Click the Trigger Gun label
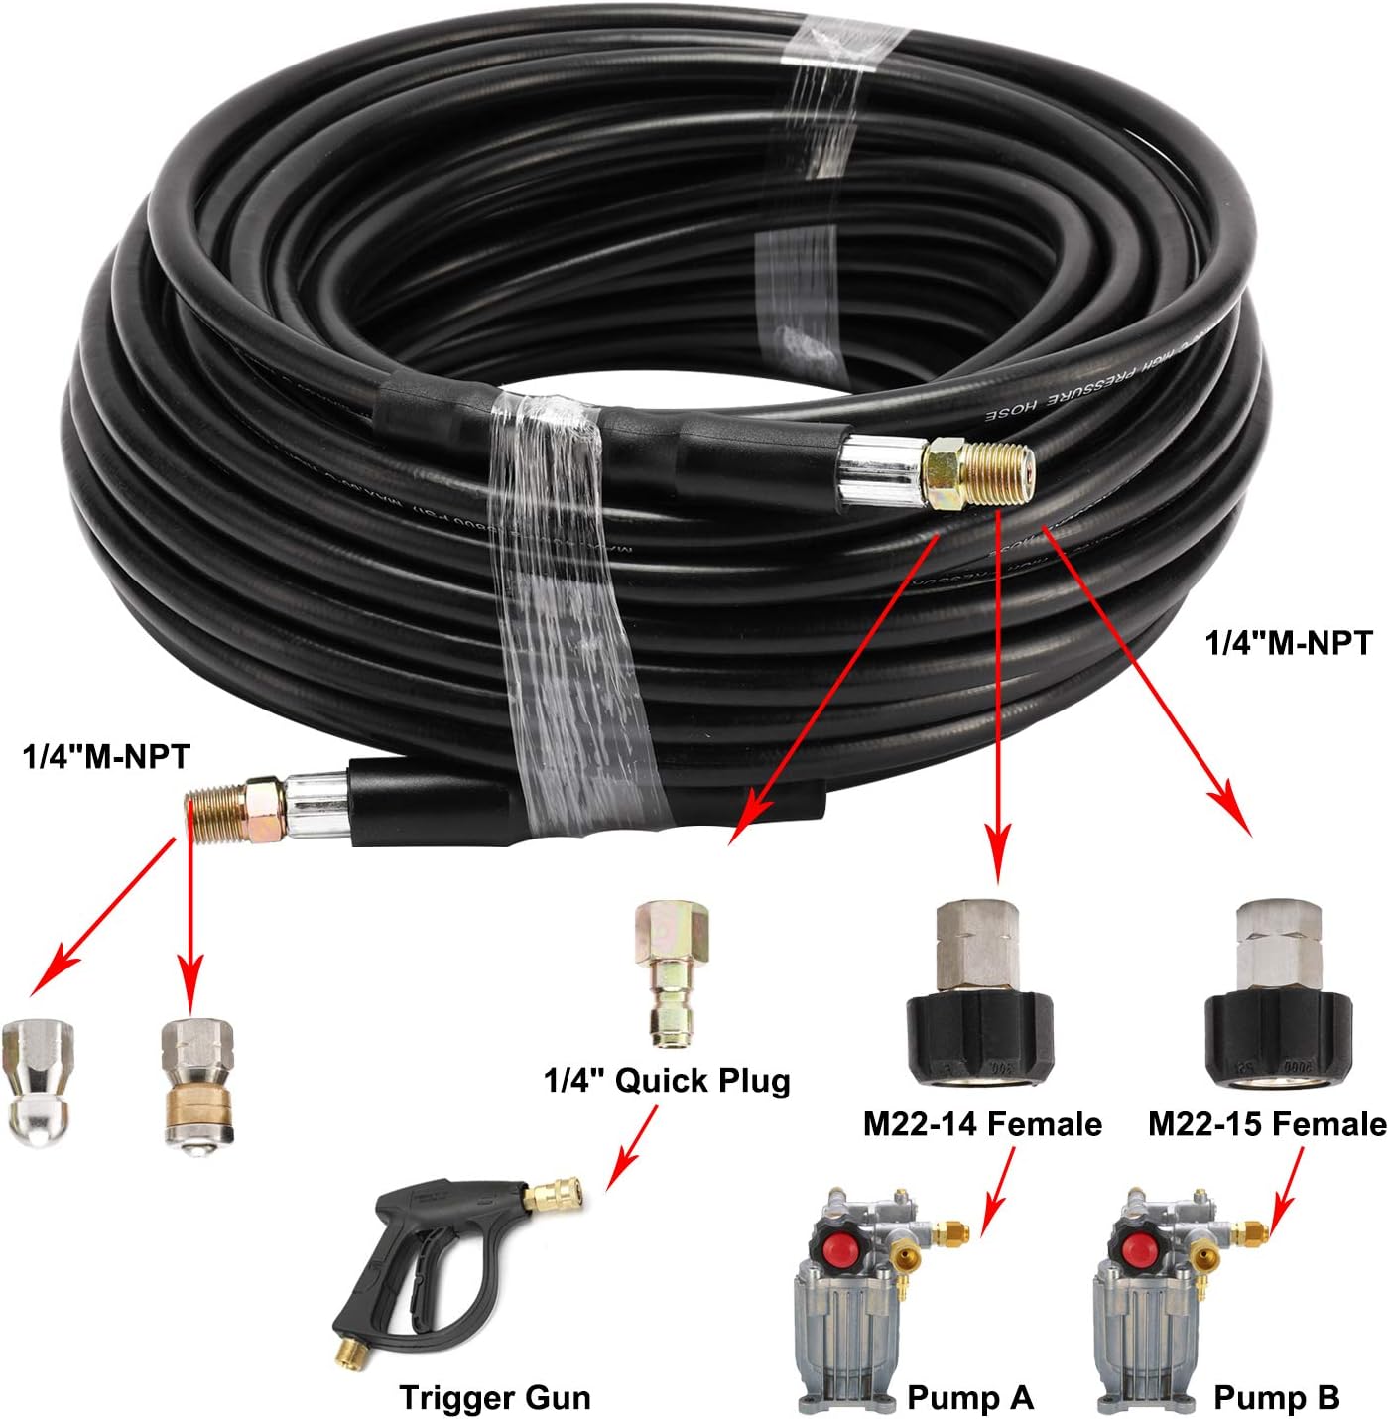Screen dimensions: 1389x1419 (x=494, y=1397)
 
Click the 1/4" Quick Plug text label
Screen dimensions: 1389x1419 (x=667, y=1080)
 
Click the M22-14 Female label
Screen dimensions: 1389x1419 (x=982, y=1123)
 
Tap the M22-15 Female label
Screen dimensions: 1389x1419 (x=1267, y=1123)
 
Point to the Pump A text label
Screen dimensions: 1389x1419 (x=969, y=1397)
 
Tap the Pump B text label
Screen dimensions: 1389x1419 (x=1276, y=1397)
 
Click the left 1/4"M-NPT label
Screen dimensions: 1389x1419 (x=105, y=757)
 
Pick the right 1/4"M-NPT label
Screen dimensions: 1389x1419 (x=1288, y=642)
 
